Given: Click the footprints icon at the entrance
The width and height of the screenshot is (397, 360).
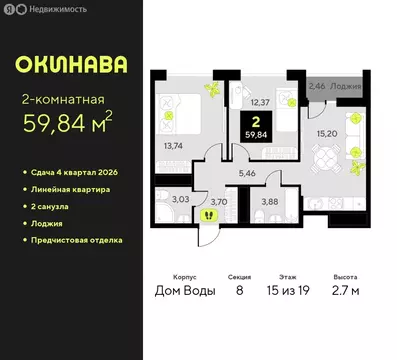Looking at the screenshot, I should click(208, 214).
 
